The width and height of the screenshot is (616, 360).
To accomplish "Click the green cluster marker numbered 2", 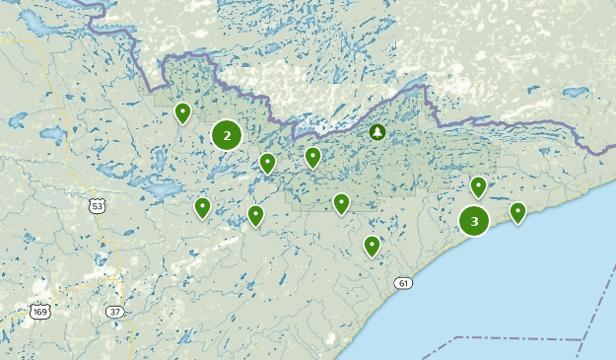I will point(227,135).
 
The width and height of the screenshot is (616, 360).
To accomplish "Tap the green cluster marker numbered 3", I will point(474,221).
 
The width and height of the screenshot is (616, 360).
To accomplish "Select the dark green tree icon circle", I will point(376,131).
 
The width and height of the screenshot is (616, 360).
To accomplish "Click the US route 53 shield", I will point(96,206).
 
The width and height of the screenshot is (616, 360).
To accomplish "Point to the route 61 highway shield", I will point(403,283).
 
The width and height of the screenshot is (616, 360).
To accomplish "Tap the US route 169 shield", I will point(39,313).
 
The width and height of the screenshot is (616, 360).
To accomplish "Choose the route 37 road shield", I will point(114,312).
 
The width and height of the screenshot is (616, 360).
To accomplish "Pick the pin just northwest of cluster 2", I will point(182,113).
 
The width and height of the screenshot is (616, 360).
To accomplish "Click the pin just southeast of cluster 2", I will point(267,163).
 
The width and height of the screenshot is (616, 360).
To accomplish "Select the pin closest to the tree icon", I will point(312,156).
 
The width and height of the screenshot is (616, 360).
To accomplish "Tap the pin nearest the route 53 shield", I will point(202,207).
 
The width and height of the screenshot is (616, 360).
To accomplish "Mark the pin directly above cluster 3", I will point(479,186).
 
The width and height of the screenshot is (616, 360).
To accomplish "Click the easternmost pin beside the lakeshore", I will point(517,212).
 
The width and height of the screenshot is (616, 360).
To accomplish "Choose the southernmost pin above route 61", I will point(372,246).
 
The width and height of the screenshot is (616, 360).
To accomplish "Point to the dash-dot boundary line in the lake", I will point(513,339).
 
